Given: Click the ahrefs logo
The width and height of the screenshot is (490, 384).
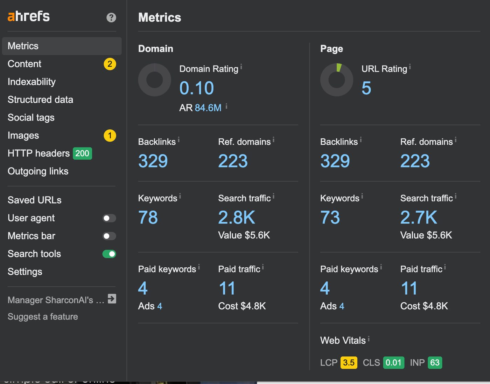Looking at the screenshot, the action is (x=29, y=16).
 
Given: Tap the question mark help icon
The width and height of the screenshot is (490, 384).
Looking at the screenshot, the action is (x=111, y=18).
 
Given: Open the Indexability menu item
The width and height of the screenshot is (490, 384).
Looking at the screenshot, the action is (x=31, y=82).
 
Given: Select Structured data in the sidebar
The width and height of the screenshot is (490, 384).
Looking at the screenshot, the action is (x=40, y=100).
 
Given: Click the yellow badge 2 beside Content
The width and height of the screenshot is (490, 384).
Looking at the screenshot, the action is (x=110, y=64).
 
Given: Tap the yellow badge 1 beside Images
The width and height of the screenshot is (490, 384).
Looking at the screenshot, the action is (x=110, y=136).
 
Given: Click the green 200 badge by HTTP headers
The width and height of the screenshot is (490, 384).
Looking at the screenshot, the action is (x=82, y=153).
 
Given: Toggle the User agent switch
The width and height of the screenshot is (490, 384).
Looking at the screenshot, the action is (x=109, y=218).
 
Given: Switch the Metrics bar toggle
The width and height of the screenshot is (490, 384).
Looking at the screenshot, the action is (x=109, y=236).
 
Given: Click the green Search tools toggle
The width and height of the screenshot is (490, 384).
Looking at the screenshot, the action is (x=109, y=254).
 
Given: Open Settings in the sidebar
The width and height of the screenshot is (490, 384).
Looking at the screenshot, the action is (x=25, y=272).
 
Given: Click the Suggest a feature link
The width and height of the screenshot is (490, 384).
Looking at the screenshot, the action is (x=43, y=316).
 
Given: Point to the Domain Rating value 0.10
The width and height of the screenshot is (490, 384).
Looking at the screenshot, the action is (x=197, y=88).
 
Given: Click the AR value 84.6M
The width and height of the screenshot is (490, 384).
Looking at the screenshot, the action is (x=208, y=108).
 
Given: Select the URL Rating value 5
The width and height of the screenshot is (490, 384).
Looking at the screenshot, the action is (x=366, y=88).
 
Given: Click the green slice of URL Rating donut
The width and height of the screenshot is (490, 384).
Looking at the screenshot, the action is (x=339, y=68).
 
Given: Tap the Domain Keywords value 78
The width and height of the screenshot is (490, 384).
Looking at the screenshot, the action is (x=148, y=217).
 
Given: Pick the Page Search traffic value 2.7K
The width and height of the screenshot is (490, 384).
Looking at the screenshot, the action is (x=419, y=217).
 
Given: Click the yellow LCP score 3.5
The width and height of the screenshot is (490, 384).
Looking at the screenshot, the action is (x=349, y=363).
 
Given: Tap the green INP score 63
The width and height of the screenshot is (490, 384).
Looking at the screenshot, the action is (x=435, y=363).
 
